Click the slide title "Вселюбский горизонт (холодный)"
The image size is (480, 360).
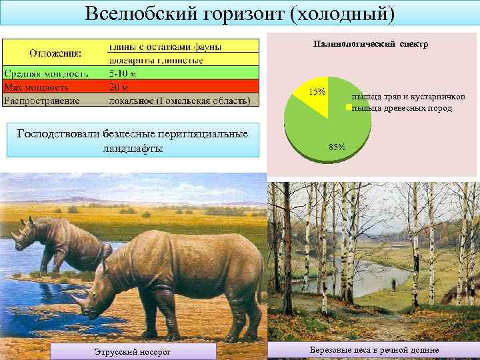(240, 14)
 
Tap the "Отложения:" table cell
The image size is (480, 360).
(55, 53)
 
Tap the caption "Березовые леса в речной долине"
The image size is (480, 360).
(374, 351)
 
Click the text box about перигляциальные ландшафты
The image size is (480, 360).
(133, 141)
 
